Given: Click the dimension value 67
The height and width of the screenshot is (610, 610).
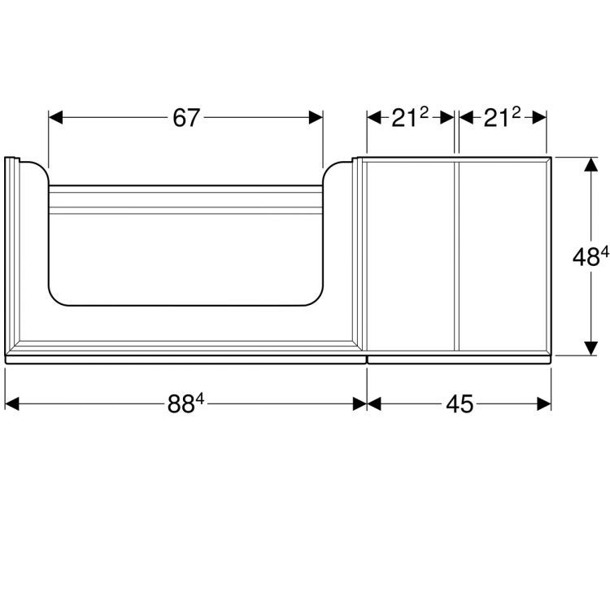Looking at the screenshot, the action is (x=186, y=118).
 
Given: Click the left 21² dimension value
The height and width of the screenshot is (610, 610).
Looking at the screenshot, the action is (x=410, y=117).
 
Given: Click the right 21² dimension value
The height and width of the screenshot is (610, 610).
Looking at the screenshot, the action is (x=502, y=117).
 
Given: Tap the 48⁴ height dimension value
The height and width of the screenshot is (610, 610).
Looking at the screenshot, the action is (x=590, y=256).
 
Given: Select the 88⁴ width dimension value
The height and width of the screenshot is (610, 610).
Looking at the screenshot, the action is (x=185, y=403).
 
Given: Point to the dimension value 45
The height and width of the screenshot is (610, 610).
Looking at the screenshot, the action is (x=460, y=403).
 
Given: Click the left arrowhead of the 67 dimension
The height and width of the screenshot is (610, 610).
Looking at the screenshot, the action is (x=55, y=117).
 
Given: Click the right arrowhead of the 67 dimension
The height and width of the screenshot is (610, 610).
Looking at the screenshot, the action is (x=316, y=117).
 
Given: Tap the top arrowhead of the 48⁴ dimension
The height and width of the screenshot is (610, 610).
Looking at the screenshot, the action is (x=591, y=164).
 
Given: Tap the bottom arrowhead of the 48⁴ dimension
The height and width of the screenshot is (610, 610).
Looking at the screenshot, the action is (x=591, y=348).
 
